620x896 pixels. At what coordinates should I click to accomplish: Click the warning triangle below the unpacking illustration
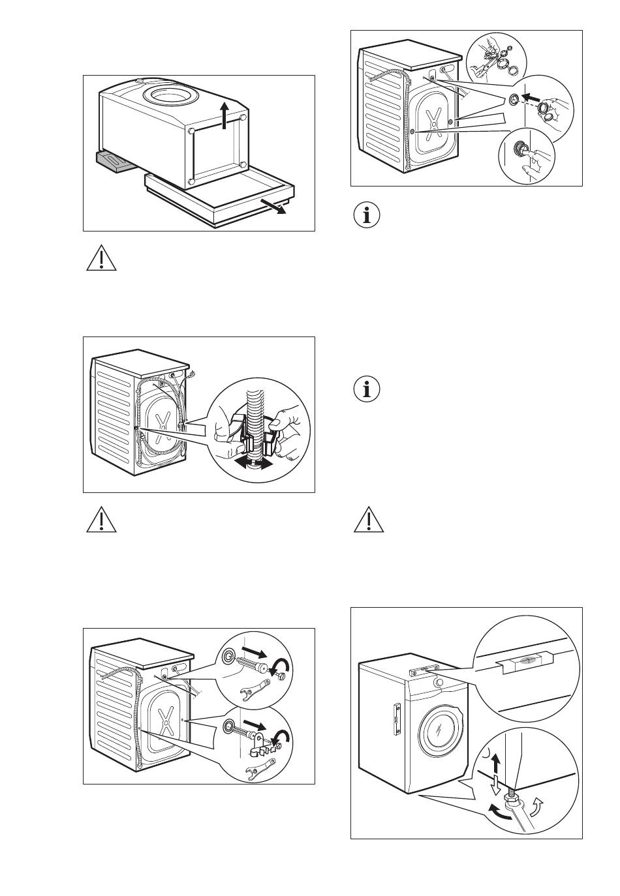click(x=101, y=260)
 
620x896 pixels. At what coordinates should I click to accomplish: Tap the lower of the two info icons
click(x=369, y=389)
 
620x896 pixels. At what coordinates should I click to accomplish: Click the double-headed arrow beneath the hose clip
click(x=255, y=464)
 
